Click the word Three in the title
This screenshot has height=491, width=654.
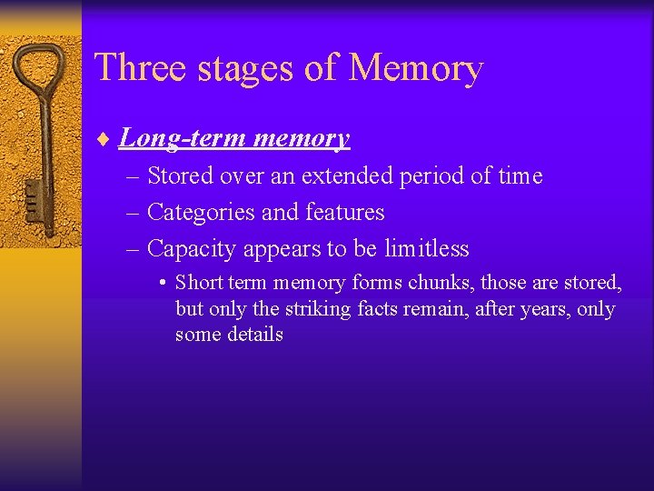134,68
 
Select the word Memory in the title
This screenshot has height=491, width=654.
416,68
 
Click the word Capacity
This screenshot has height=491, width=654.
187,248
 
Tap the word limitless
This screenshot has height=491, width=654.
427,248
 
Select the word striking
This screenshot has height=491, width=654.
317,309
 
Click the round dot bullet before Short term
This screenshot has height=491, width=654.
161,284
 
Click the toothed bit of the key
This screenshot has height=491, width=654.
32,195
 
